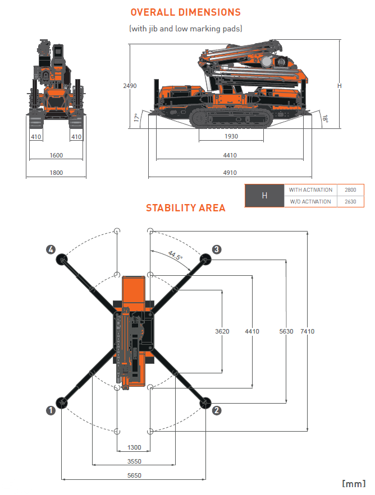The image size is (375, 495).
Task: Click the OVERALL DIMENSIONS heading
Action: click(x=185, y=12)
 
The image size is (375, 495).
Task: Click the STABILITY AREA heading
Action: click(x=185, y=208)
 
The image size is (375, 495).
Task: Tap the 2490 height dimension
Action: click(x=130, y=86)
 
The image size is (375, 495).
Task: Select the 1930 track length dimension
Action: click(x=231, y=136)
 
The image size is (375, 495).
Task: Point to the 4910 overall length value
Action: click(x=230, y=173)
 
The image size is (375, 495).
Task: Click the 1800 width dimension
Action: click(x=56, y=173)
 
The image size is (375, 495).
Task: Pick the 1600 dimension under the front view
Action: click(x=56, y=155)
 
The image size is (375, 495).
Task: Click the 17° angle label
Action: click(x=136, y=118)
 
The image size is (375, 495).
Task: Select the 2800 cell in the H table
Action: click(x=350, y=190)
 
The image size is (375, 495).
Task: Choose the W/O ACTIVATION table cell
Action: click(x=310, y=202)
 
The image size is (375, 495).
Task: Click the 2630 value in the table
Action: click(x=350, y=202)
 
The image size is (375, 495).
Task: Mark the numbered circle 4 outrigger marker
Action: click(x=51, y=249)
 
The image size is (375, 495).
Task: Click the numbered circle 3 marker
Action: click(x=217, y=249)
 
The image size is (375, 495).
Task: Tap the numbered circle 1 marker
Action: click(x=51, y=410)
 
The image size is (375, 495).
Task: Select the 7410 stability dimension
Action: click(x=307, y=331)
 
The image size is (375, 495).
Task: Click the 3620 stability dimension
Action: click(x=222, y=331)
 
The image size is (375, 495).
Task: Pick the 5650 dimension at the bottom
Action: click(x=134, y=475)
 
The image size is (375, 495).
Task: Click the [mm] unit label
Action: click(x=354, y=484)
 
